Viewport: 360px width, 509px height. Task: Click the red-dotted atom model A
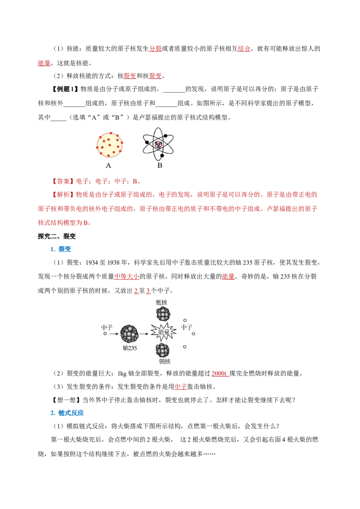[109, 145]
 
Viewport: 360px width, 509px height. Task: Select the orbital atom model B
[158, 144]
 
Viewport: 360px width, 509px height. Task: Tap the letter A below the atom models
[108, 165]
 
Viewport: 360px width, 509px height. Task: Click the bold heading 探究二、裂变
[57, 237]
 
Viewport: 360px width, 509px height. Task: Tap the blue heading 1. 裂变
[60, 249]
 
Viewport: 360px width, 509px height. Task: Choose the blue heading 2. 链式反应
[67, 413]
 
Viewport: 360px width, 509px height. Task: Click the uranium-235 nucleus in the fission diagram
[129, 334]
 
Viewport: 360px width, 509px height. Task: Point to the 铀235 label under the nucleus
[130, 348]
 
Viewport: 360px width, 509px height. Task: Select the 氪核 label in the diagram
[162, 303]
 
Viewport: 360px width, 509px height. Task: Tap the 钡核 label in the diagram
[164, 362]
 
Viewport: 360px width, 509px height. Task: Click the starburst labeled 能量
[163, 332]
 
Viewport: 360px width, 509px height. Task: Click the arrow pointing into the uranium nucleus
[114, 334]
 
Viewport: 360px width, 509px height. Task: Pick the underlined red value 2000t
[219, 374]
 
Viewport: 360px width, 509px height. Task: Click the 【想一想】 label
[67, 400]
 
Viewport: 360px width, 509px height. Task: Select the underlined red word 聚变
[155, 76]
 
